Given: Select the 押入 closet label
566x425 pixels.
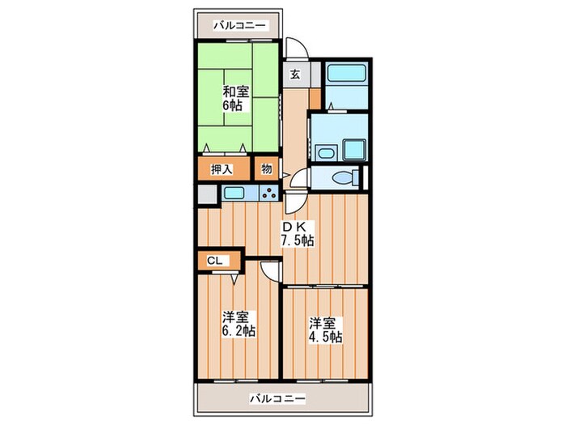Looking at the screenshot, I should (222, 170).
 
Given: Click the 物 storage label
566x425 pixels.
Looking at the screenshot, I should (266, 170).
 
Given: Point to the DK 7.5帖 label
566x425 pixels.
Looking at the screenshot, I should (297, 233).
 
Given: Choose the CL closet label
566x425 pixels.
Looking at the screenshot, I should (214, 261).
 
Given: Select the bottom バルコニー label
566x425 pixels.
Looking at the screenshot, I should (277, 398).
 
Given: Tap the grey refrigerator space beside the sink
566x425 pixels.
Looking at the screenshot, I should (207, 194).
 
